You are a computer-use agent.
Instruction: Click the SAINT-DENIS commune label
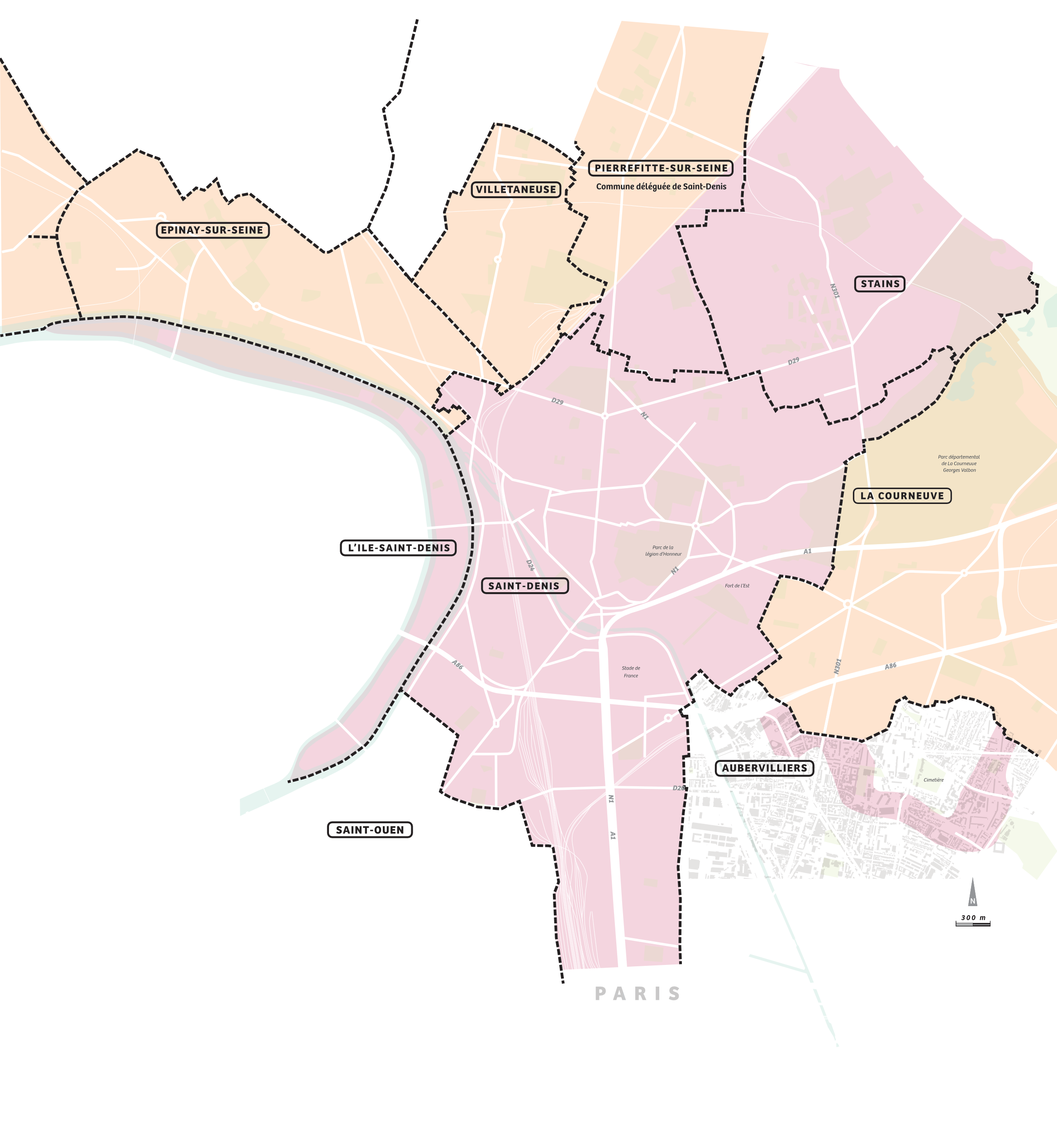pos(524,586)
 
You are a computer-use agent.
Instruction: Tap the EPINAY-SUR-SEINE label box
pos(212,230)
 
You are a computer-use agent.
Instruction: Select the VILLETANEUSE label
pos(515,190)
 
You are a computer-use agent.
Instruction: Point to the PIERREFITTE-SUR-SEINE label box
pos(661,168)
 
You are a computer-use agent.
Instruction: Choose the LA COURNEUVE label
pos(902,496)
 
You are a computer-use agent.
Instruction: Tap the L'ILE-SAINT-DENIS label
pos(398,547)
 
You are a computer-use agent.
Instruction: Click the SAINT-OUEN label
pos(370,830)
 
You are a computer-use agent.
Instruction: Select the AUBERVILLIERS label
pos(764,768)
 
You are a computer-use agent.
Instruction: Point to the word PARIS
pos(638,993)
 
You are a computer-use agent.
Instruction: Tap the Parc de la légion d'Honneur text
pos(663,551)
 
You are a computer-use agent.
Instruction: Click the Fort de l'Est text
pos(737,586)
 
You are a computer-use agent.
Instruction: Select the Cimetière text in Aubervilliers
pos(933,780)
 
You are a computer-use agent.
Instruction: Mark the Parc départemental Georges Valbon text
pos(959,464)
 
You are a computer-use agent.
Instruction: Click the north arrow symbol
pos(972,893)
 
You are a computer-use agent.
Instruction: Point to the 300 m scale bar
pos(973,921)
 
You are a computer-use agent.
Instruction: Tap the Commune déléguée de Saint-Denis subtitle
pos(661,187)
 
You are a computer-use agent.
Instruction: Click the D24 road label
pos(529,565)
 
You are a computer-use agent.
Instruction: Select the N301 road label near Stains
pos(834,290)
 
